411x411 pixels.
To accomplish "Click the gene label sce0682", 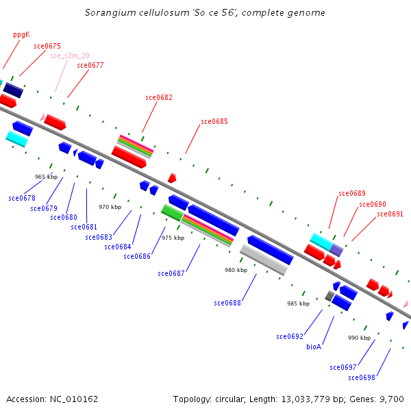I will click(159, 97).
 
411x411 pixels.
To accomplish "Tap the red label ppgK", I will click(21, 34).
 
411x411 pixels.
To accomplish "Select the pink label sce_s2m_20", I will click(69, 55).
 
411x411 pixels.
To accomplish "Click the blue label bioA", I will click(314, 347).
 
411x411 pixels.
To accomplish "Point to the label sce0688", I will click(227, 302).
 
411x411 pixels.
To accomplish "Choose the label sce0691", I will click(390, 214).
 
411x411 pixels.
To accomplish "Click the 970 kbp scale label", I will click(110, 207).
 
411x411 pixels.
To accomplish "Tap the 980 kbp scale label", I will click(236, 270).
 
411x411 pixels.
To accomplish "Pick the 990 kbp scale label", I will click(359, 338).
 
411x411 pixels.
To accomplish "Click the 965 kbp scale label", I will click(46, 177).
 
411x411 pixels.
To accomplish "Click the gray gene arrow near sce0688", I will click(263, 260).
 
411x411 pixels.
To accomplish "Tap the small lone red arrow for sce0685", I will click(172, 177).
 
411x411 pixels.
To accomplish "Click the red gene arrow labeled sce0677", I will click(55, 123).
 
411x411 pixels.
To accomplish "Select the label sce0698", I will click(362, 377).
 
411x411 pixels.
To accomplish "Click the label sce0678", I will click(22, 198).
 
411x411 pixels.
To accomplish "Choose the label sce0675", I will click(47, 46).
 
